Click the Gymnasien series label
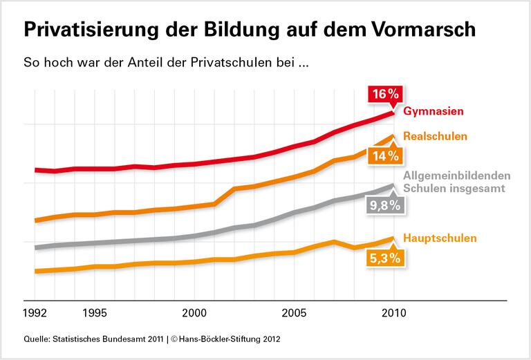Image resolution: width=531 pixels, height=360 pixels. pyautogui.click(x=433, y=111)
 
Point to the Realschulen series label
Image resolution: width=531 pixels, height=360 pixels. pyautogui.click(x=435, y=136)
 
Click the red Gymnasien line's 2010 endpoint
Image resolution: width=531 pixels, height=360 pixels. pyautogui.click(x=393, y=111)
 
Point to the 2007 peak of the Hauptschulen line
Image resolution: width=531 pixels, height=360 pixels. pyautogui.click(x=334, y=241)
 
